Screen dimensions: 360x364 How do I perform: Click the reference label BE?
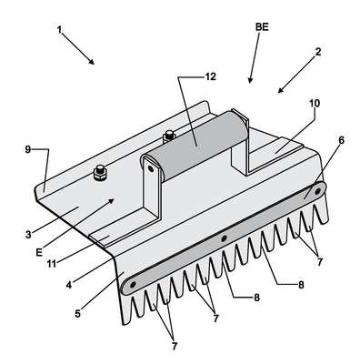tap(262, 27)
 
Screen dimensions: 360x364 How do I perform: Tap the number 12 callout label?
tap(211, 77)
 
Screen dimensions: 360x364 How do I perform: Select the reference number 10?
tap(315, 104)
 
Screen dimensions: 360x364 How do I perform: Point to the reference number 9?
tap(28, 149)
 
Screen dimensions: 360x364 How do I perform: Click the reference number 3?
tap(28, 235)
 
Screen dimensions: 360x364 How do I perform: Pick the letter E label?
tap(39, 252)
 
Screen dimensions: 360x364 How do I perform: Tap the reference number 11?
tap(52, 264)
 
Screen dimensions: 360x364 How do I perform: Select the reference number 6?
tap(341, 140)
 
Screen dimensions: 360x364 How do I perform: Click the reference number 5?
tap(78, 314)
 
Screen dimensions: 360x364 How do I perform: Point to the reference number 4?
tap(69, 285)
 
